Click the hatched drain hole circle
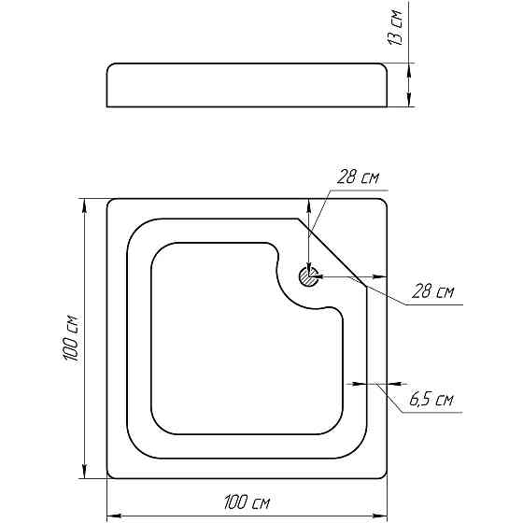coord(308,276)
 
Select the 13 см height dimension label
coord(396,27)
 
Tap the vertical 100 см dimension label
coord(71,337)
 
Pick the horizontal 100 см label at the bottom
coord(247,502)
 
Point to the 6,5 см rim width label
coord(431,399)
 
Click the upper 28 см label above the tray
coord(358,177)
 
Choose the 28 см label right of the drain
coord(432,291)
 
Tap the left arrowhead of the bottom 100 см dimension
coord(114,516)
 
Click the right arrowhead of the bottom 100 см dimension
coord(379,516)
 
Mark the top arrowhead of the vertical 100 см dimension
coord(85,206)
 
